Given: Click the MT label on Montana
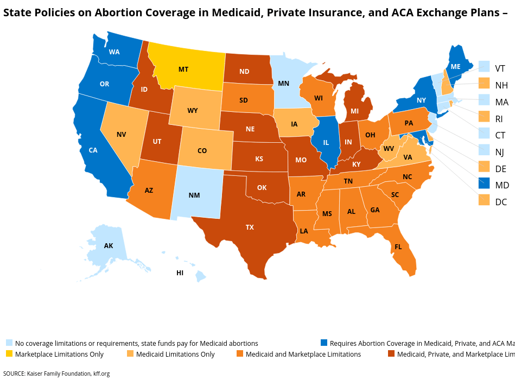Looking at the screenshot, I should [183, 69].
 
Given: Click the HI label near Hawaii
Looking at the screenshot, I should [180, 273].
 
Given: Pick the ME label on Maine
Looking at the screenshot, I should [456, 67].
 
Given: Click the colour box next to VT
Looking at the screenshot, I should [485, 68].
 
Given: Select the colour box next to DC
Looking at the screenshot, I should [485, 202].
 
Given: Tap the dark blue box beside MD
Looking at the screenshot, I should [485, 185].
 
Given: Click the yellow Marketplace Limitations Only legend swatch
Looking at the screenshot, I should [9, 354].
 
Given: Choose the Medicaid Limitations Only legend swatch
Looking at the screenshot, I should [130, 354].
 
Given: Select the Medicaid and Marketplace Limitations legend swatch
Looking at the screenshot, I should [239, 354].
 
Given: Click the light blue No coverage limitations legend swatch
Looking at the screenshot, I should [9, 343].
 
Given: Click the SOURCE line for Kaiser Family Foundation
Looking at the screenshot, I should [56, 374].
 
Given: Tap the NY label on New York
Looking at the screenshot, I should [421, 100].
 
